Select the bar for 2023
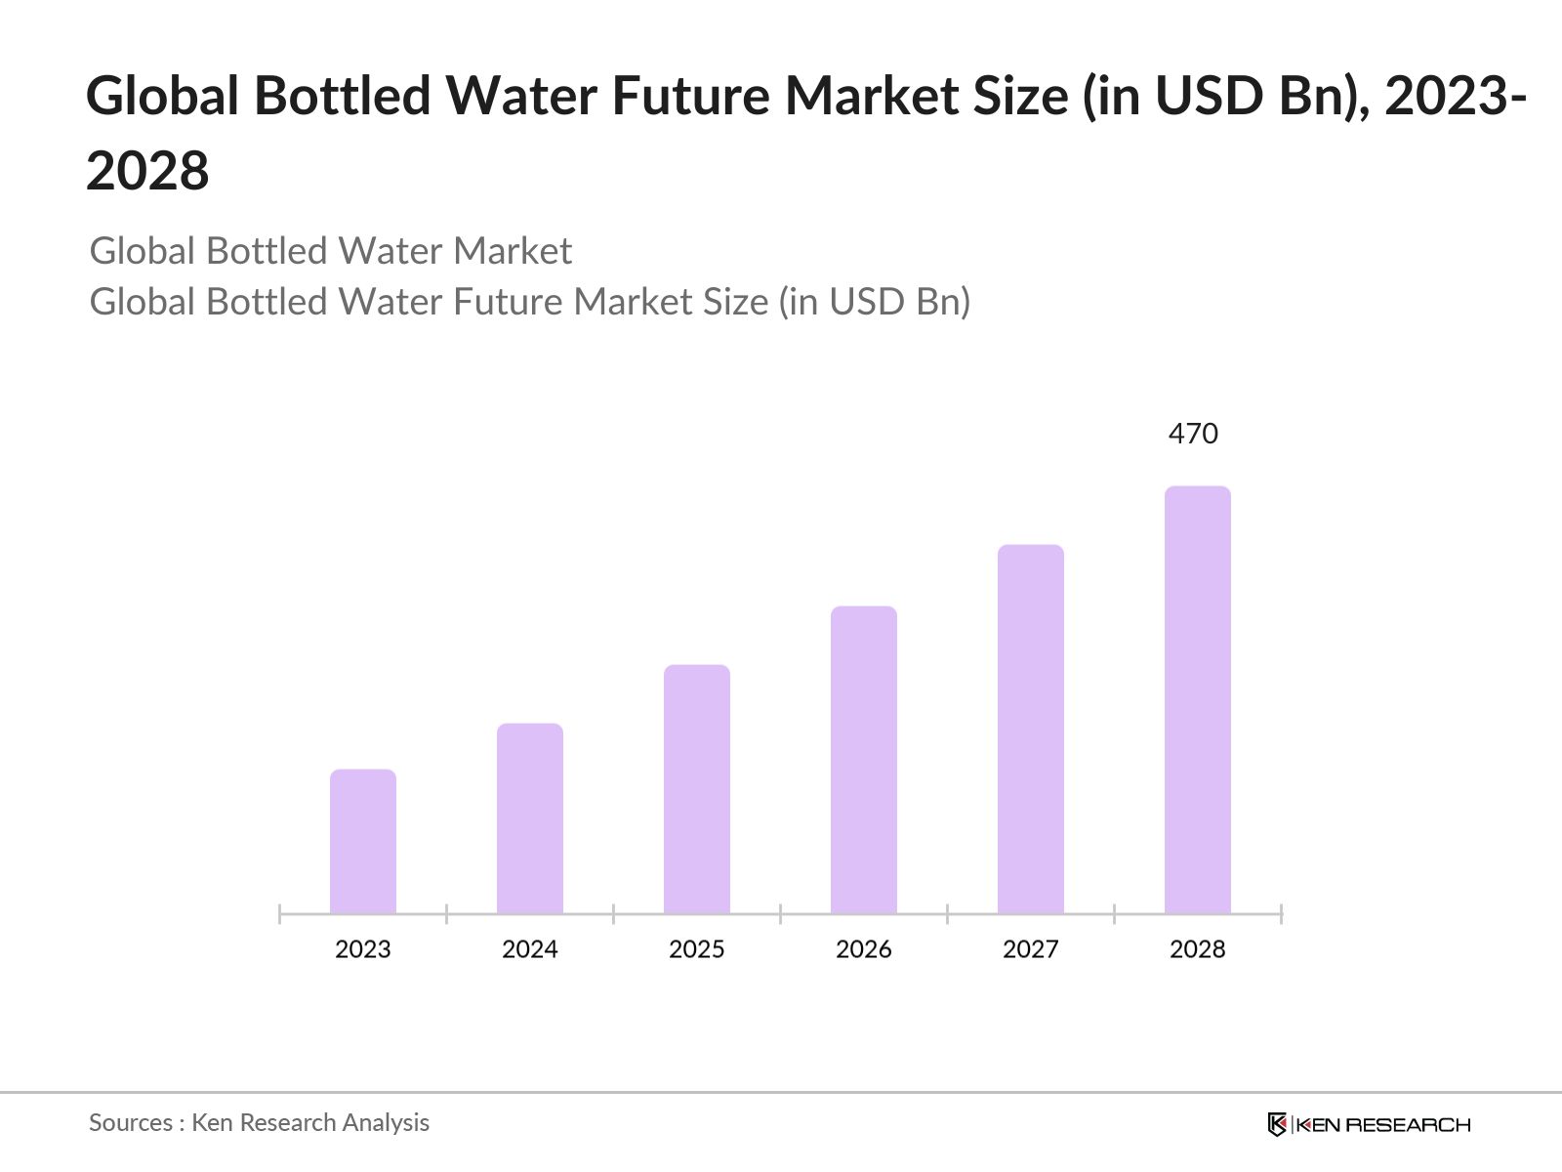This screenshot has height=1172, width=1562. click(363, 842)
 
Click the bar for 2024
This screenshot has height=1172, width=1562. click(530, 818)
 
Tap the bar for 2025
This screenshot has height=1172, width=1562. click(697, 789)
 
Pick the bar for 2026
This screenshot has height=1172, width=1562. click(864, 760)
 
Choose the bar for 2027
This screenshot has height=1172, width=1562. click(1031, 730)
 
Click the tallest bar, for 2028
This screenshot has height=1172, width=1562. click(1198, 700)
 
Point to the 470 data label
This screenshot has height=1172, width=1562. click(1193, 434)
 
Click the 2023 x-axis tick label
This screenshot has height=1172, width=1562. click(363, 949)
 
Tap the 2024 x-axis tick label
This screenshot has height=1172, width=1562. click(530, 949)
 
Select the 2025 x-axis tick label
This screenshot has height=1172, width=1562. click(697, 949)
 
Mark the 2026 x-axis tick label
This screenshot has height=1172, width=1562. click(864, 949)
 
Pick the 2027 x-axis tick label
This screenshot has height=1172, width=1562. click(1031, 949)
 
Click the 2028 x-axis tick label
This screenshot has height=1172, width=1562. click(1198, 949)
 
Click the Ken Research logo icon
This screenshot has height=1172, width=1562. click(1277, 1124)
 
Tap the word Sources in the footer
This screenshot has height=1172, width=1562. click(131, 1123)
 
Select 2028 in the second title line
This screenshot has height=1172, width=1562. click(147, 171)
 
